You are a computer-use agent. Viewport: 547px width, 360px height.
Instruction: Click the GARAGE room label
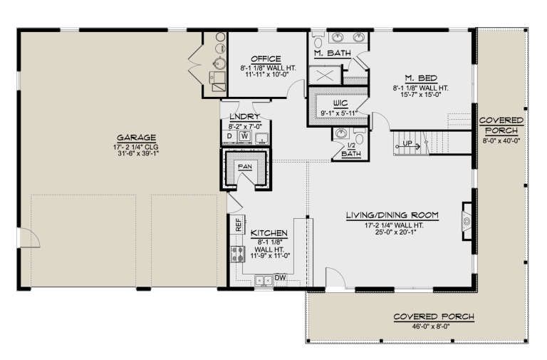pyautogui.click(x=137, y=137)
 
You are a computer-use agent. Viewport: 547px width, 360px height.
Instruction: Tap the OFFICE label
pyautogui.click(x=266, y=59)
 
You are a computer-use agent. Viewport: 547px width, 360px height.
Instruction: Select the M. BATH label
pyautogui.click(x=333, y=53)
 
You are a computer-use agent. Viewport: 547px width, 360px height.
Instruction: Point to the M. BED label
pyautogui.click(x=421, y=78)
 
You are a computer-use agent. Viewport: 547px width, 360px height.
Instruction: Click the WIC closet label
pyautogui.click(x=340, y=103)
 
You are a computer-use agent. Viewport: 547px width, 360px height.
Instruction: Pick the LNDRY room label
pyautogui.click(x=244, y=117)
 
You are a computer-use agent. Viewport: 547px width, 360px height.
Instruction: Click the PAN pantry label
pyautogui.click(x=245, y=167)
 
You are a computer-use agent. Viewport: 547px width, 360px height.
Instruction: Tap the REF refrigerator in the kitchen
pyautogui.click(x=239, y=225)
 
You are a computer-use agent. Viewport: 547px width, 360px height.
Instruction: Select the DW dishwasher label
pyautogui.click(x=280, y=278)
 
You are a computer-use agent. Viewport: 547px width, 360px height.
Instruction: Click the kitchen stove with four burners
pyautogui.click(x=238, y=254)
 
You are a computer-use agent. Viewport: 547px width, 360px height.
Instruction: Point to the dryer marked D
pyautogui.click(x=229, y=136)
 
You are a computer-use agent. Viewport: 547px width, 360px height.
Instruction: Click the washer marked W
pyautogui.click(x=245, y=136)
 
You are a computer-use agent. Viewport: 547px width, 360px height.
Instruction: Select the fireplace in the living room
pyautogui.click(x=467, y=221)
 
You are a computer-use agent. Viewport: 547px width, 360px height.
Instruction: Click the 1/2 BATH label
pyautogui.click(x=351, y=150)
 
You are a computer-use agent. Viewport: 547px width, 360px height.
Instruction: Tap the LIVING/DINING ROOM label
pyautogui.click(x=392, y=215)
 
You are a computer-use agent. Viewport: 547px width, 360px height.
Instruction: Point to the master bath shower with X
pyautogui.click(x=325, y=75)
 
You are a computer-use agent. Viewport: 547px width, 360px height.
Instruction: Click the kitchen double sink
pyautogui.click(x=264, y=280)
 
